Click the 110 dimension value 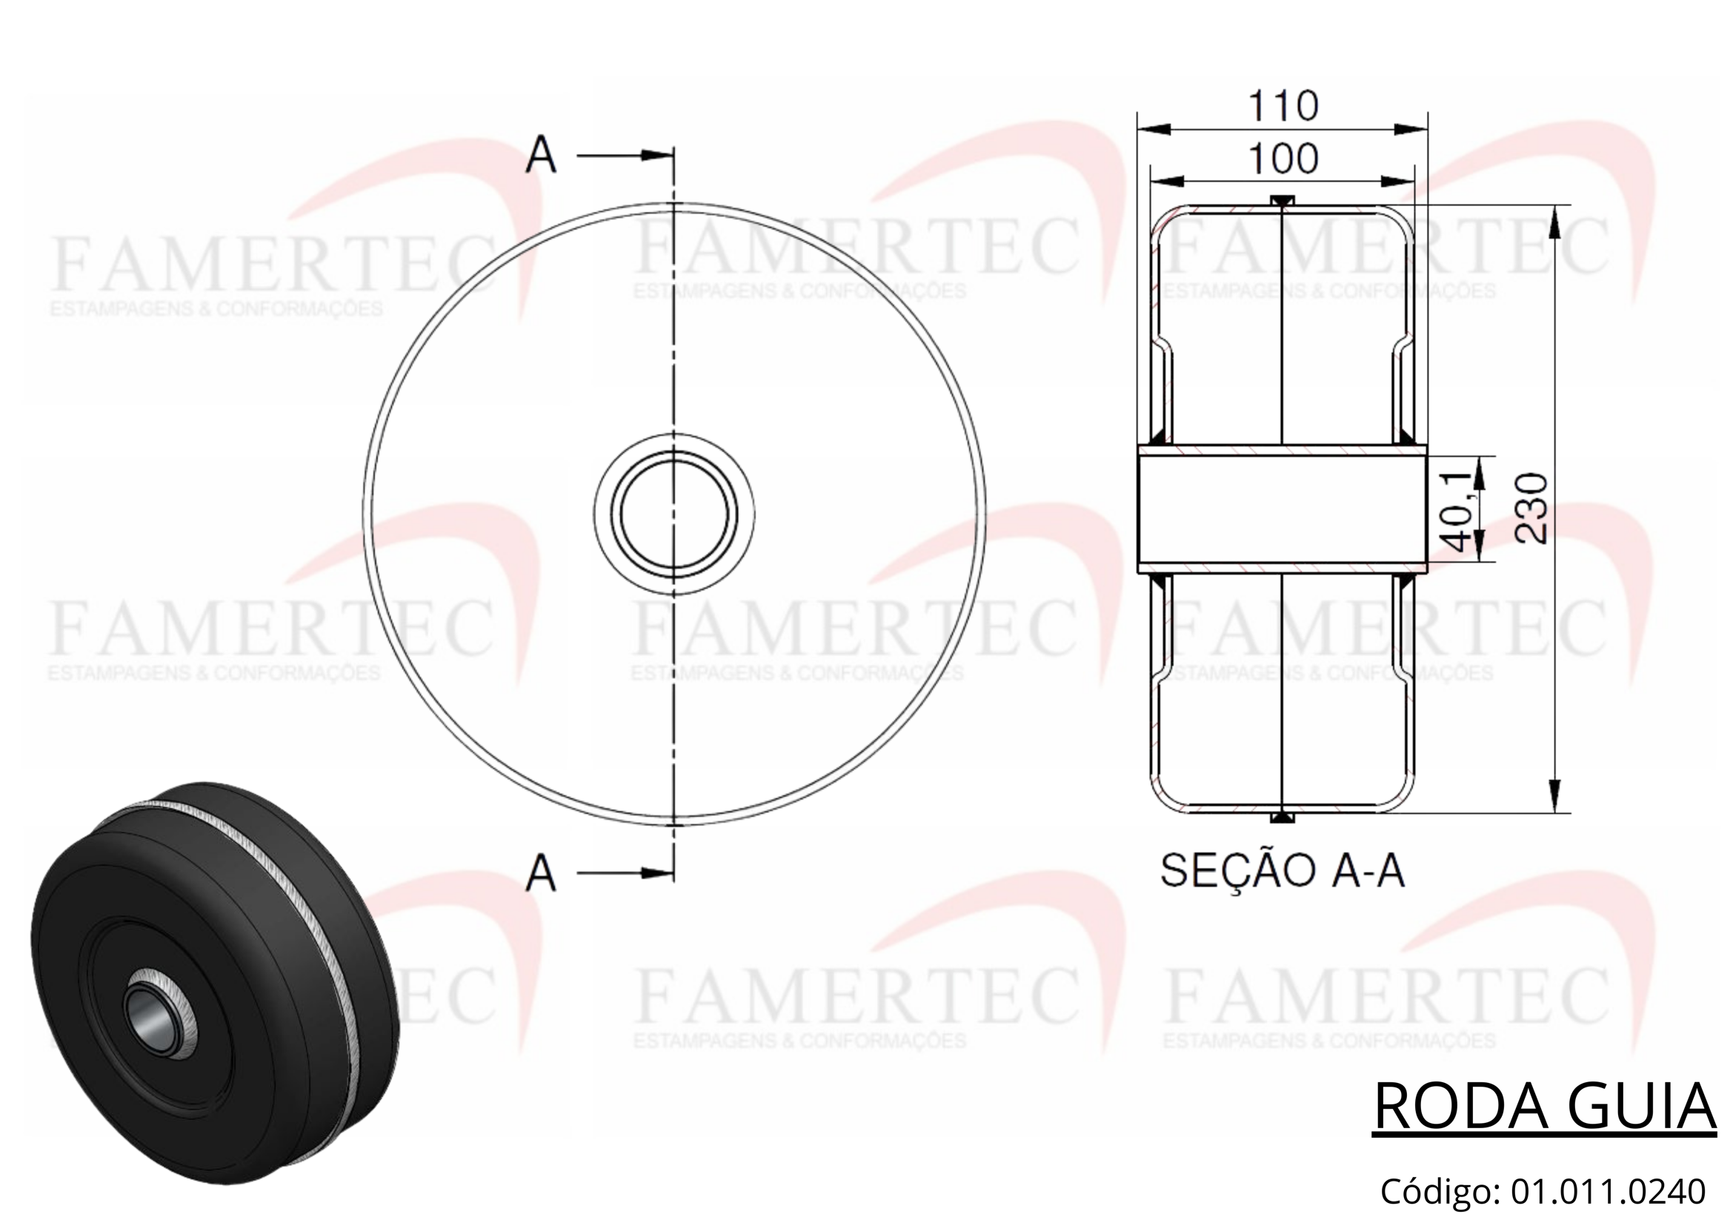[x=1283, y=106]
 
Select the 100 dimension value [x=1283, y=159]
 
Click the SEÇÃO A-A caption [x=1283, y=871]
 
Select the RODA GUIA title [x=1544, y=1107]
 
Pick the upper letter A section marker [x=541, y=156]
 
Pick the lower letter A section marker [x=541, y=872]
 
